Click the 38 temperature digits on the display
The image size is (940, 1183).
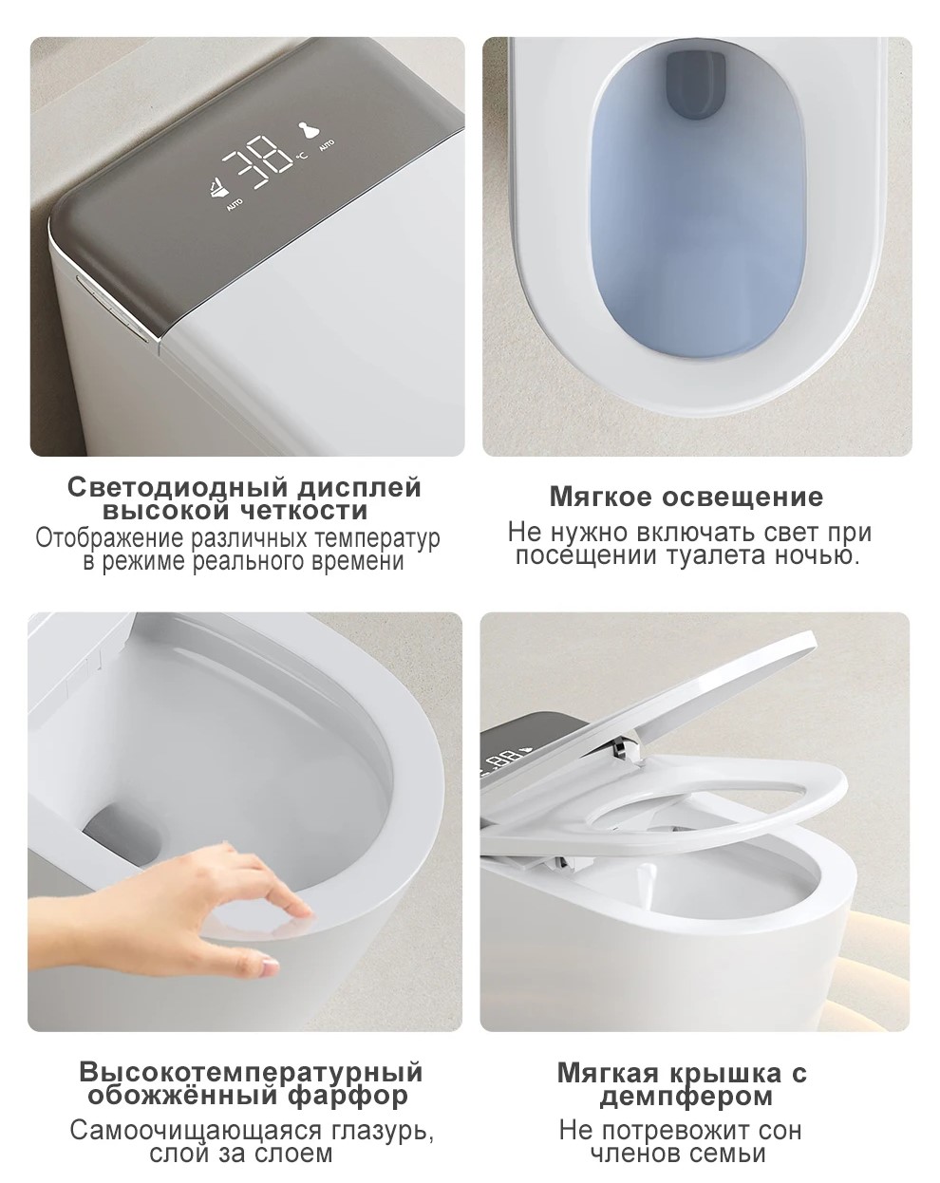pos(256,162)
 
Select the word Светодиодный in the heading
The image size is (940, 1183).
pos(179,487)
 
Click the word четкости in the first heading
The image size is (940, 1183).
pos(304,511)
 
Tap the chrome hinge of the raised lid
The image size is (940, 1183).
pos(622,746)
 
